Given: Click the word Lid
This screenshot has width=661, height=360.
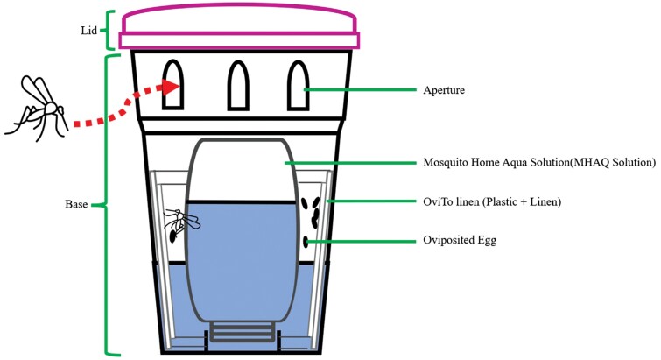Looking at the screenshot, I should coord(85,30).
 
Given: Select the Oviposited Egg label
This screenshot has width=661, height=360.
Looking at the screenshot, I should coord(460,240).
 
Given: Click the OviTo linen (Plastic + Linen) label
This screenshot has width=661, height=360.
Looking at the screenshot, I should coord(490,202).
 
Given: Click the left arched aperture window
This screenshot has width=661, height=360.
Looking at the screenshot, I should coord(173,85).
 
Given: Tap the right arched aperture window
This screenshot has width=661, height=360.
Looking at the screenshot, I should coord(298,85).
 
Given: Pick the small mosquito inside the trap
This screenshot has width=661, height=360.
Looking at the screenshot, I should coord(182,224).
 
